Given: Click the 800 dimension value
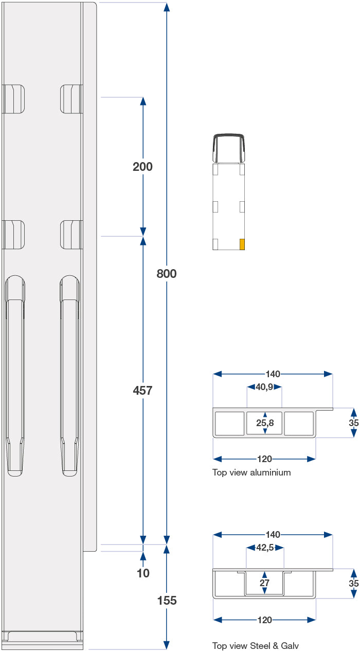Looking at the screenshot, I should click(x=167, y=274).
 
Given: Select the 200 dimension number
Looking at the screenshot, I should click(x=142, y=167).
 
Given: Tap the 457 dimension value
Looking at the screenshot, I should click(x=142, y=391).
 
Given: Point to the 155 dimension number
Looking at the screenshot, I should click(x=167, y=600).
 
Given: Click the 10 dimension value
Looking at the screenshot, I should click(x=143, y=573).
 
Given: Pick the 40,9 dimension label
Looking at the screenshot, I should click(x=264, y=387).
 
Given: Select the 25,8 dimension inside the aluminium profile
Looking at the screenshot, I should click(x=265, y=423).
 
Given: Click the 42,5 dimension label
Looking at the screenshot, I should click(x=265, y=548).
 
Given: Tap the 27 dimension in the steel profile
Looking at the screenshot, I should click(x=265, y=583).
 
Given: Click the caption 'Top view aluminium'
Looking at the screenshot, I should click(x=251, y=472).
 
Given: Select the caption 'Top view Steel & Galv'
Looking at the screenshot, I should click(x=256, y=645).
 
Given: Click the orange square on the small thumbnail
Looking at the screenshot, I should click(x=242, y=244).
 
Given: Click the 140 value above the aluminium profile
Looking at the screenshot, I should click(x=273, y=374).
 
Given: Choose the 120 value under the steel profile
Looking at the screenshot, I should click(x=264, y=620).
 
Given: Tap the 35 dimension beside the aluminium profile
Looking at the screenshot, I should click(x=353, y=423).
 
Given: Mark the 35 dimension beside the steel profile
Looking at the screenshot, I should click(x=353, y=584).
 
